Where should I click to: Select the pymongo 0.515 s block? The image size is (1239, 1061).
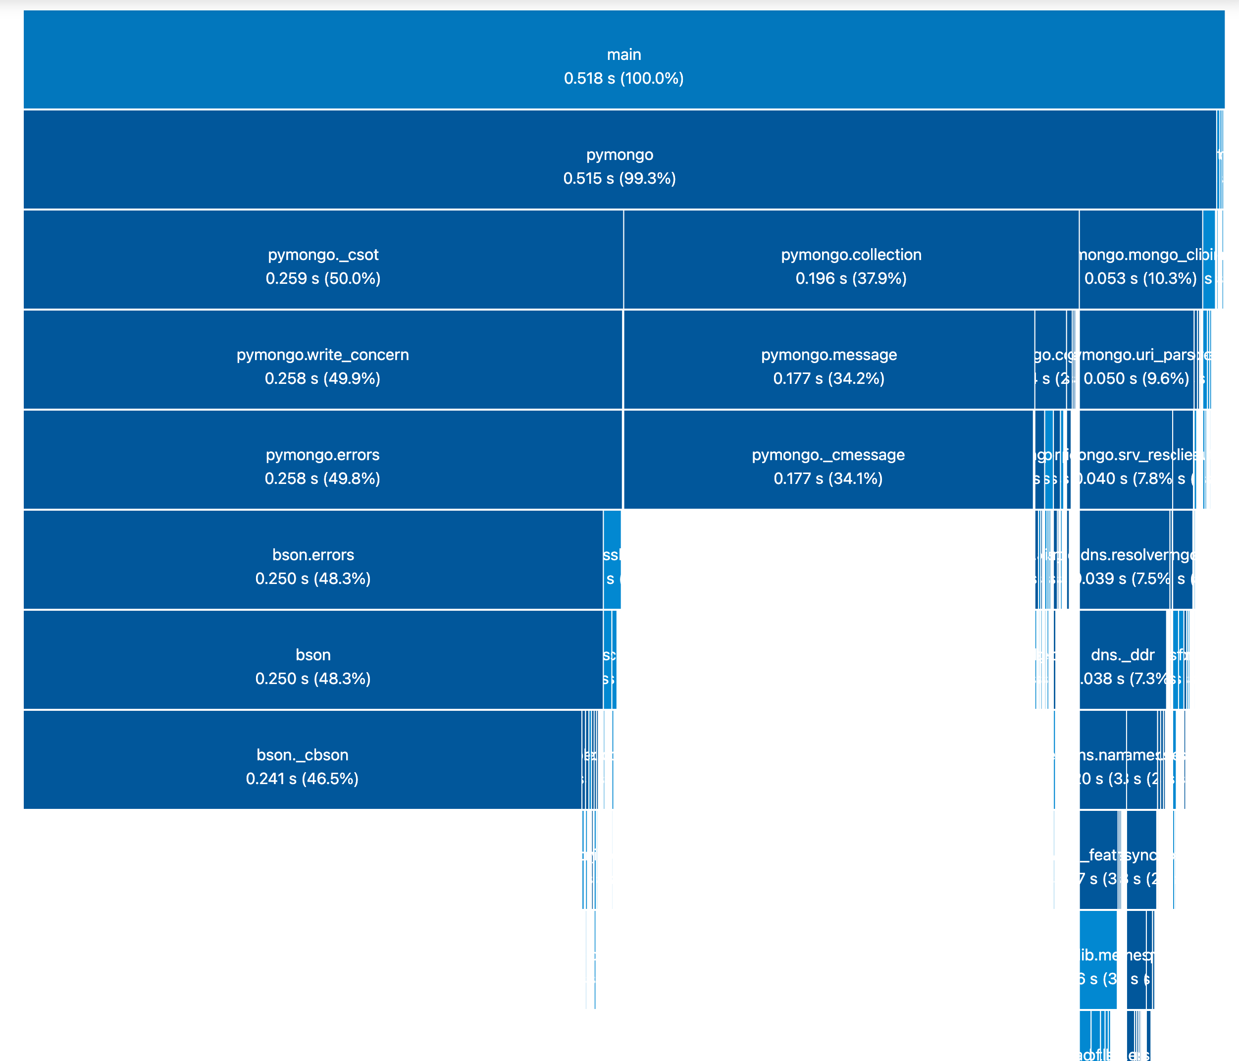(x=619, y=159)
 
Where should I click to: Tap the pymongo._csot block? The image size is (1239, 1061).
(x=323, y=259)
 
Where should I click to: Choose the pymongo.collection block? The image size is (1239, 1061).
(x=851, y=259)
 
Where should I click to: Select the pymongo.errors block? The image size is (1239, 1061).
(x=323, y=459)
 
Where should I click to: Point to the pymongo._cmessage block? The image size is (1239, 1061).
(x=828, y=459)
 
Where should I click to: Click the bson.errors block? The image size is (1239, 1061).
(x=313, y=559)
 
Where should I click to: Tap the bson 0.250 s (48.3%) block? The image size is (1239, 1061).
(x=313, y=659)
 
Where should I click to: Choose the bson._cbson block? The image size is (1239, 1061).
(x=302, y=759)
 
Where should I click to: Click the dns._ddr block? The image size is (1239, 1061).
(x=1123, y=659)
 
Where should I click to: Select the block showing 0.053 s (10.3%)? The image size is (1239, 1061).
(x=1140, y=259)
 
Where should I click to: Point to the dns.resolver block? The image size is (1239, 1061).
(x=1124, y=559)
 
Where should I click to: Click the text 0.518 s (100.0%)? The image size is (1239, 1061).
(x=623, y=78)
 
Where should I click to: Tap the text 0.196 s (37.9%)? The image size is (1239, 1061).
(x=851, y=279)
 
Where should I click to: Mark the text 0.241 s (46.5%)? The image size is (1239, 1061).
(x=302, y=779)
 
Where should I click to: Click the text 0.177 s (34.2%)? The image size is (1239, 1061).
(x=829, y=378)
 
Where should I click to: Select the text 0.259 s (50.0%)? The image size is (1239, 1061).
(x=323, y=279)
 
